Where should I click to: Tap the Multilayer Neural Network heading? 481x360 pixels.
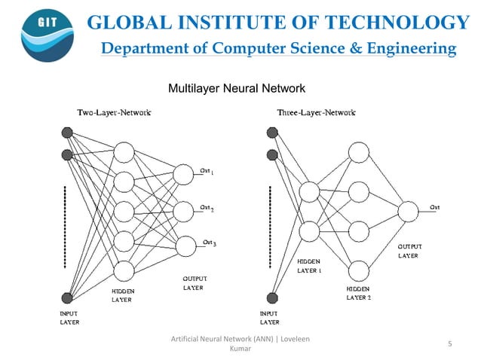235,89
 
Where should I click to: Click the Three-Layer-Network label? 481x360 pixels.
316,112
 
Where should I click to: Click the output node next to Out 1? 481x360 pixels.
183,175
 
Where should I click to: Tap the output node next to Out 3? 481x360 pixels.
183,246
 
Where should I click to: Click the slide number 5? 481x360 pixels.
449,344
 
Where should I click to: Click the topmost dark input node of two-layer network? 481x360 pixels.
67,133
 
